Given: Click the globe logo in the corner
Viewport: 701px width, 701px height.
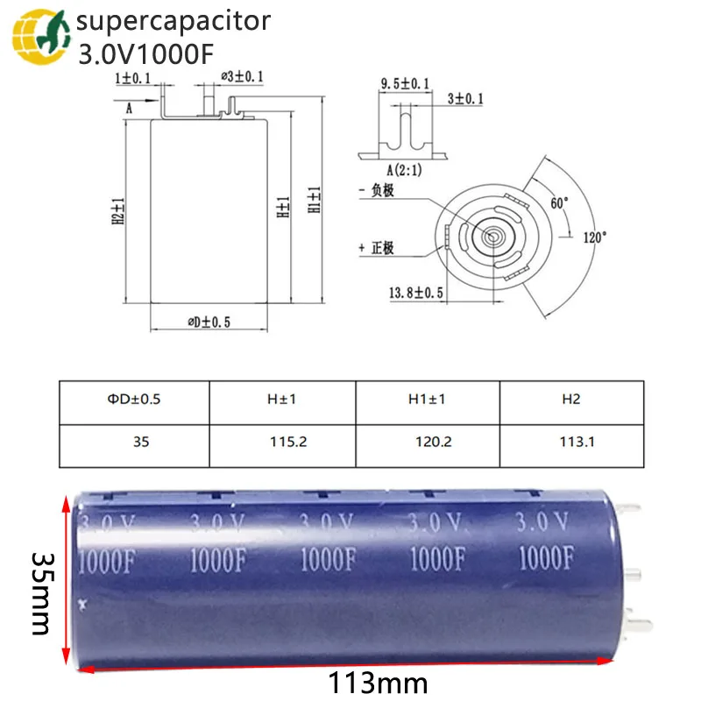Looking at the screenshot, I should tap(37, 37).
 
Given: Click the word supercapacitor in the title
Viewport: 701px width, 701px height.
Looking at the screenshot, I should tap(174, 21).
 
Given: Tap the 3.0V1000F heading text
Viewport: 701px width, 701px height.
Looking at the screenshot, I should tap(145, 54).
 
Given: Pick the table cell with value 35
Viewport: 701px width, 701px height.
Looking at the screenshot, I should tap(135, 443).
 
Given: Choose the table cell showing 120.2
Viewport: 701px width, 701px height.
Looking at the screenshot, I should tap(427, 443).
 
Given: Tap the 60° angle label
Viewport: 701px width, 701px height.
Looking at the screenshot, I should tap(558, 202).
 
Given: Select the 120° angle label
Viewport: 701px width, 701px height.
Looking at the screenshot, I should tap(593, 237).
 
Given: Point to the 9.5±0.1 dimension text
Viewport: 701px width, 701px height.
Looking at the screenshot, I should tap(404, 83).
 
